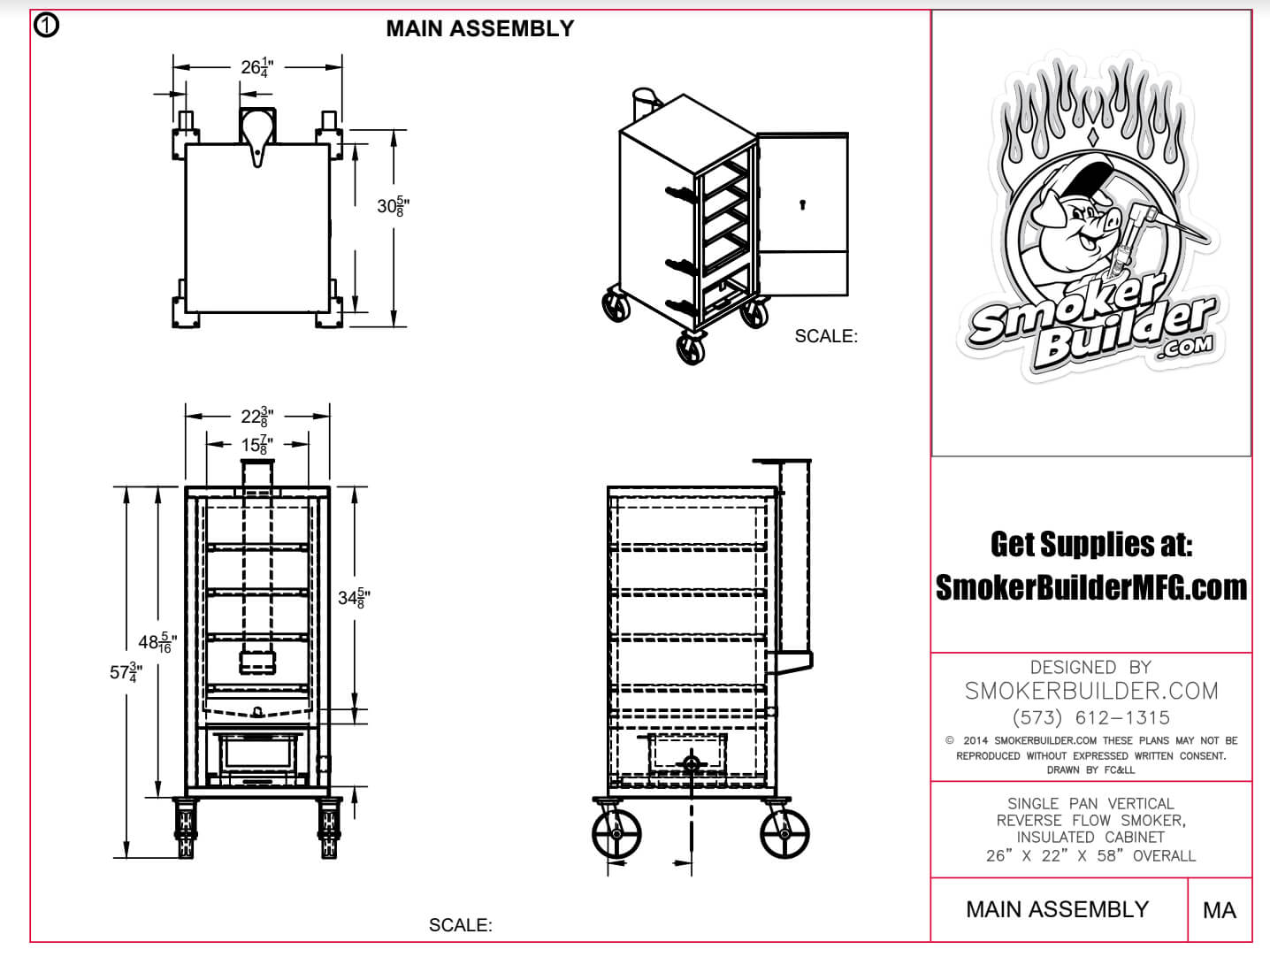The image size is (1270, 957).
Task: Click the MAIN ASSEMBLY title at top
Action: [x=479, y=28]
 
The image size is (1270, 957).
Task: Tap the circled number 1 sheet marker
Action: [x=46, y=26]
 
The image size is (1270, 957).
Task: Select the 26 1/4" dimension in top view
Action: [x=256, y=67]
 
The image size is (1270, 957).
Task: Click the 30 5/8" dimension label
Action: [x=393, y=207]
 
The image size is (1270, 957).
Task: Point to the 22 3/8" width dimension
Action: [x=256, y=416]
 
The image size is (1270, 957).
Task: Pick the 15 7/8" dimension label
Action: [x=256, y=445]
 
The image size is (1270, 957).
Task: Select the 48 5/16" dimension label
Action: [x=157, y=643]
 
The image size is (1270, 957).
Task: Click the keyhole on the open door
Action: [x=802, y=205]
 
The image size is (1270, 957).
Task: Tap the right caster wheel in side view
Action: [x=784, y=833]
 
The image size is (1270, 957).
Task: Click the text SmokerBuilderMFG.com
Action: [x=1091, y=587]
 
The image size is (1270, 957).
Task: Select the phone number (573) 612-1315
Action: [x=1091, y=717]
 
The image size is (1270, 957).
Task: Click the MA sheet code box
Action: [x=1219, y=910]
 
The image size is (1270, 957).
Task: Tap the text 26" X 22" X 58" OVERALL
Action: [x=1091, y=855]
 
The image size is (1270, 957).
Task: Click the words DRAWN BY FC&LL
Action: [x=1091, y=769]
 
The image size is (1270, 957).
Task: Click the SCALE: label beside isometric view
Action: [x=826, y=336]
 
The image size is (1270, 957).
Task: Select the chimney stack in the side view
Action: [x=795, y=557]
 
